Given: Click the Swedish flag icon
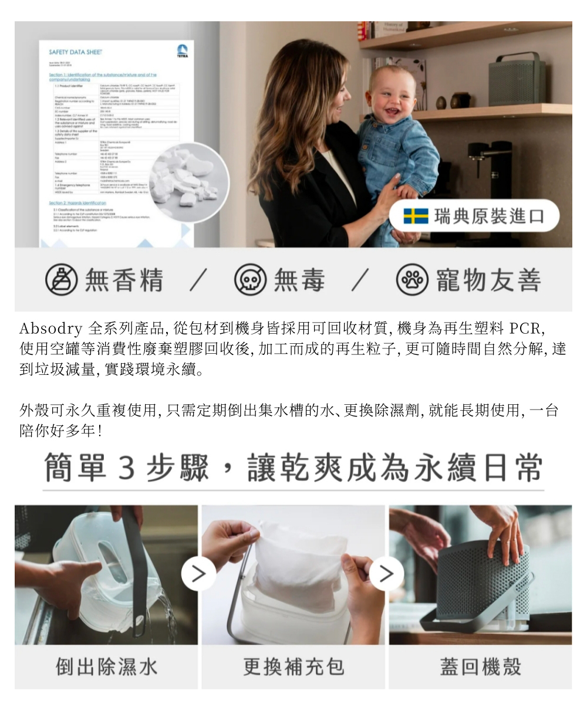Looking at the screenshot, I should tap(416, 216).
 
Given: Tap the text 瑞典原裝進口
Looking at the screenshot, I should tap(489, 216).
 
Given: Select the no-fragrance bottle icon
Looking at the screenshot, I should tap(61, 280).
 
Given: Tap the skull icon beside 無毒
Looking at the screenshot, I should tap(250, 280).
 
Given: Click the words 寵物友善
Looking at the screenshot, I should tap(488, 280).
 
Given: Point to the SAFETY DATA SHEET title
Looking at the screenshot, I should tap(76, 52).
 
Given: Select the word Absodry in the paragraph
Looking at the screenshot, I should tap(50, 327).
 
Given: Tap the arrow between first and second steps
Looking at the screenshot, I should tap(198, 574).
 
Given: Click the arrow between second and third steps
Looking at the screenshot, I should tap(386, 574).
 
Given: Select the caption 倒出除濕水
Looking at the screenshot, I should tap(106, 666).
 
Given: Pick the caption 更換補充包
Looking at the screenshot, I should tap(293, 666).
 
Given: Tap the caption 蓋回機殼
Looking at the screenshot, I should tap(480, 666).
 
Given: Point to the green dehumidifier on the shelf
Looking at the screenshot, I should tap(516, 79).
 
